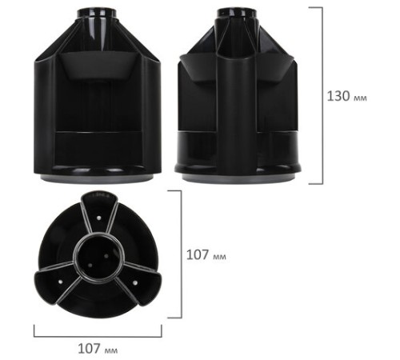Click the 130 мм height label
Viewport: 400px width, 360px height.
coord(350,94)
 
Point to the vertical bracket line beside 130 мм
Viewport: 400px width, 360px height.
coord(322,94)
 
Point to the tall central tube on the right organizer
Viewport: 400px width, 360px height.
coord(237,104)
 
